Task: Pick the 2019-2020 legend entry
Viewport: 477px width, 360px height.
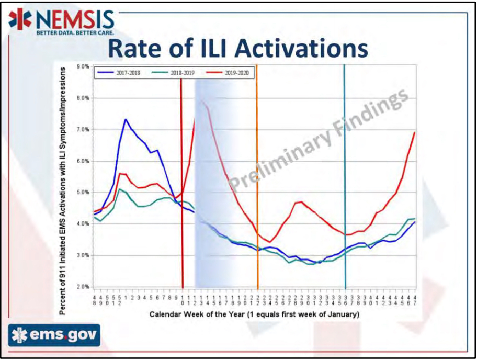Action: coord(232,73)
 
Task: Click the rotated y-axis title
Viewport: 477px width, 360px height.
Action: coord(62,191)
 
